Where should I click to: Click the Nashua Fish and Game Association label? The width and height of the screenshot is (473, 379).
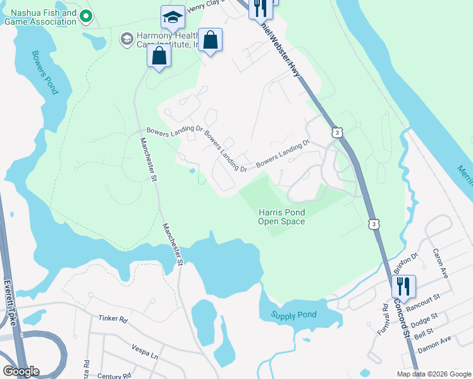[x=40, y=17]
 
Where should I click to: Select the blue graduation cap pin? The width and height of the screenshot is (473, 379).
[x=171, y=19]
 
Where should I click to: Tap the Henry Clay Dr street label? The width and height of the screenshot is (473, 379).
[x=212, y=7]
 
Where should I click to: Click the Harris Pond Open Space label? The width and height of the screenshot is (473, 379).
[x=281, y=217]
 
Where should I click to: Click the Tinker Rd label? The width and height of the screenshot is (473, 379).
[x=113, y=320]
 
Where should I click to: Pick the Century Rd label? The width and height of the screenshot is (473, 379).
[x=114, y=376]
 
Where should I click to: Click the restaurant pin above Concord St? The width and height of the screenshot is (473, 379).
[x=403, y=287]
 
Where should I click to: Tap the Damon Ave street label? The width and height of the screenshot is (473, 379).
[x=434, y=341]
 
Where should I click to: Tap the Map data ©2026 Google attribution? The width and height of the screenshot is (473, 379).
[x=434, y=374]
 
